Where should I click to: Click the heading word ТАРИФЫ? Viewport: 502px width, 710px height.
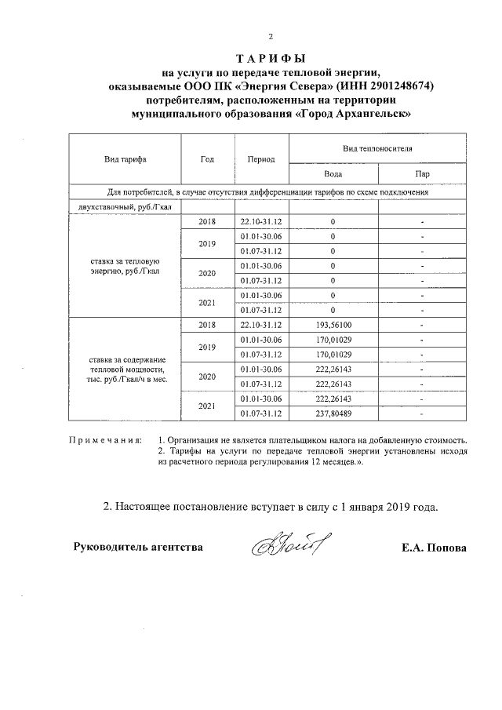(270, 59)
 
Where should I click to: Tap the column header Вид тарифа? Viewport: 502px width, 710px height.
(125, 158)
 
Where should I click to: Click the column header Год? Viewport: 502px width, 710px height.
(207, 158)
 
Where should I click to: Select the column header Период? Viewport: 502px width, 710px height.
(260, 158)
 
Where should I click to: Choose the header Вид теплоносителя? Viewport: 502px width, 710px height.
(377, 147)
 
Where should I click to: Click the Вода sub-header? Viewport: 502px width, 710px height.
(333, 173)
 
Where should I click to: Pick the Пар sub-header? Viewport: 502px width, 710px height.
(422, 173)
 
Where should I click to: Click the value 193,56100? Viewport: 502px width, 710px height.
(333, 324)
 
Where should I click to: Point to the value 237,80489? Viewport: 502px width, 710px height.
(333, 413)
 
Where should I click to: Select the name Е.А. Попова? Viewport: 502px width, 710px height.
(434, 548)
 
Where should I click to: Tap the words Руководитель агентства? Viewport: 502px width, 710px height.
(138, 548)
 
